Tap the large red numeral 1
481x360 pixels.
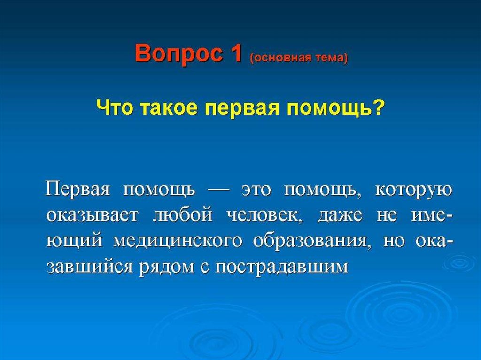236,53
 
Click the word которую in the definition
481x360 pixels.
413,191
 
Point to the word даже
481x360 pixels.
340,216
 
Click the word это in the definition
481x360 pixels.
256,191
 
